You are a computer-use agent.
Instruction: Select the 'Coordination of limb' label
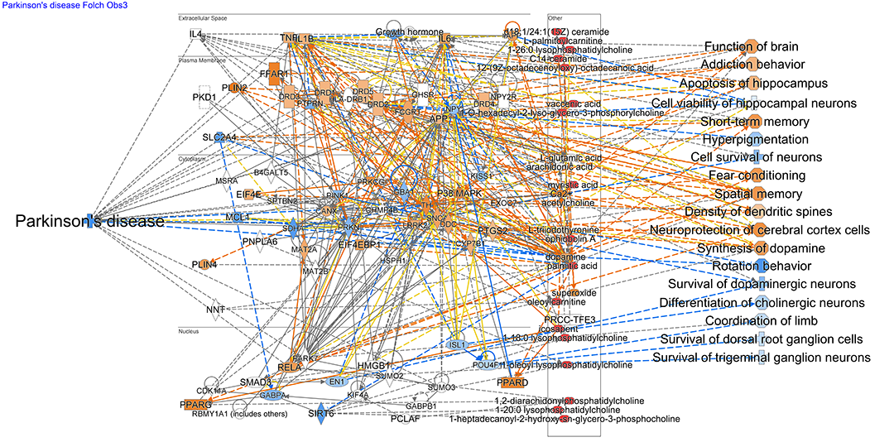[761, 321]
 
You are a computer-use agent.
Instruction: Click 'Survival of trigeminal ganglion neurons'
[762, 358]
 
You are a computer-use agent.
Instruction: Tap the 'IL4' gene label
[195, 34]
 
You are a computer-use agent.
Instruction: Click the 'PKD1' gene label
[204, 98]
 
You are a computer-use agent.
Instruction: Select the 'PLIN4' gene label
[204, 264]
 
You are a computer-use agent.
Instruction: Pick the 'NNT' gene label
[215, 310]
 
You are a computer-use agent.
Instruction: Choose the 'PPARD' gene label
[512, 382]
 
